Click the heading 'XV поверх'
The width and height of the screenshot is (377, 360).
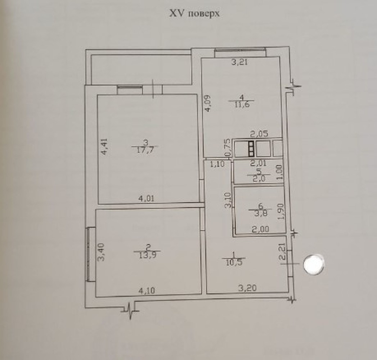(195, 13)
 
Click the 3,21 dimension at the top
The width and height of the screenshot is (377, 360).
(239, 63)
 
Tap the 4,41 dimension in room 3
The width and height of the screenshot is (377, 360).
(104, 146)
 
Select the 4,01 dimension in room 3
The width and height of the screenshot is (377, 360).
(146, 198)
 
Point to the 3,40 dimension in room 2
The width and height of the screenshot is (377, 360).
(101, 252)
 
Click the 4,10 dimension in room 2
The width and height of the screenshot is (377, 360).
(147, 291)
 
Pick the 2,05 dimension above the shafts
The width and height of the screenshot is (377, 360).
(259, 134)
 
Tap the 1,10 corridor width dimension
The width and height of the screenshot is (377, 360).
(217, 164)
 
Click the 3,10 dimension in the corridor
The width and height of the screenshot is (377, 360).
(228, 200)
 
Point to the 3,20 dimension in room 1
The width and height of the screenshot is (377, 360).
(247, 288)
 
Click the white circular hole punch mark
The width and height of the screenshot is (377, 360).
(314, 264)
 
